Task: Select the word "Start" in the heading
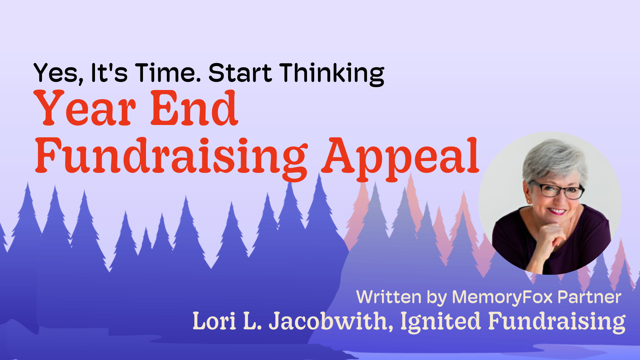click(x=240, y=73)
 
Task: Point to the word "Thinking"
click(x=332, y=74)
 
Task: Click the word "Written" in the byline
click(x=389, y=297)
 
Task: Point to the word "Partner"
click(x=589, y=297)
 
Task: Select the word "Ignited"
click(x=440, y=322)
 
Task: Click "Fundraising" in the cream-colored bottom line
click(x=557, y=322)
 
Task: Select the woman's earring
click(x=529, y=202)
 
